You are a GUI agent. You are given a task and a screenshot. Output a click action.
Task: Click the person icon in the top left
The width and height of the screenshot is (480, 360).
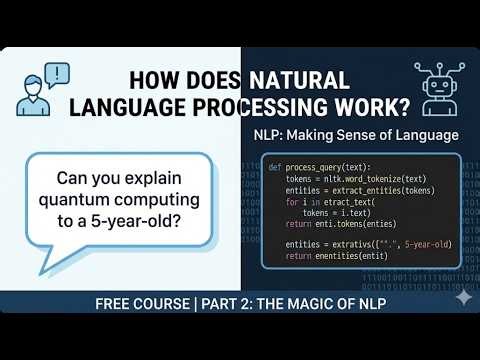click(32, 90)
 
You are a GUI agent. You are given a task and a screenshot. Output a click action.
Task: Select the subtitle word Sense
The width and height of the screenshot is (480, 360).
click(364, 134)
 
